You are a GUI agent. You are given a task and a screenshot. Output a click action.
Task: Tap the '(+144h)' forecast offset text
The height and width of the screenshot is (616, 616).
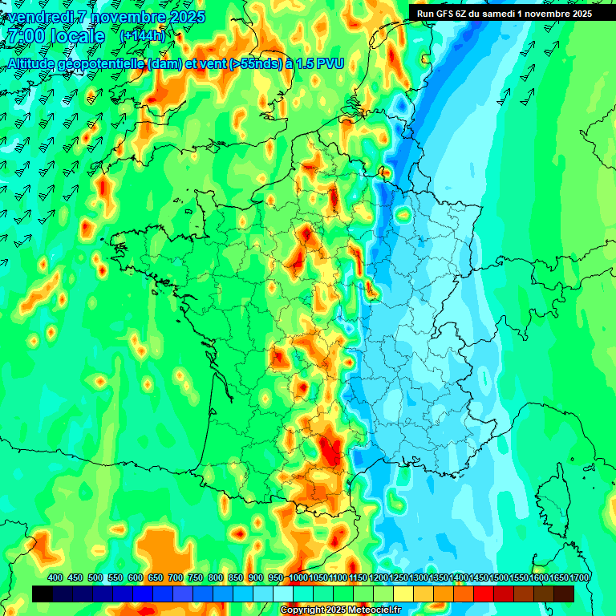pos(142,36)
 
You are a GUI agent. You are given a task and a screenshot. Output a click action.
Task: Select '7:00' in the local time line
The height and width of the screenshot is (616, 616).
pos(22,37)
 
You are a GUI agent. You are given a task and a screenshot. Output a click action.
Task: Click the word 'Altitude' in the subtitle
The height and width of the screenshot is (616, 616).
pos(34,63)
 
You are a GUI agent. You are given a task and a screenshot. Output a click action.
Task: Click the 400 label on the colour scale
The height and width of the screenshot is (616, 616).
pos(55,577)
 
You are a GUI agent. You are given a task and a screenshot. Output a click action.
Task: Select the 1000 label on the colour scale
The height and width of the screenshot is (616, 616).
pos(298,577)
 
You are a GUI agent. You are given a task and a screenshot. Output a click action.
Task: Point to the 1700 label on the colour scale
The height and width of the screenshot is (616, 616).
pos(579,577)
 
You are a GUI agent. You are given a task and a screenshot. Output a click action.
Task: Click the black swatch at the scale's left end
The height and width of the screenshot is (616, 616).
pos(43,594)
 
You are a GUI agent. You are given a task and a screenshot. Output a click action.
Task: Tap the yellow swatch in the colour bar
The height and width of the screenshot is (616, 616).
pos(403,594)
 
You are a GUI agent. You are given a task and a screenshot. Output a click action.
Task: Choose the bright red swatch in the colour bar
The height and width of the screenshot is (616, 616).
pos(484,594)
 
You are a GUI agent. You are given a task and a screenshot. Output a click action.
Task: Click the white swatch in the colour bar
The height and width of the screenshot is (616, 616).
pos(283,594)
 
